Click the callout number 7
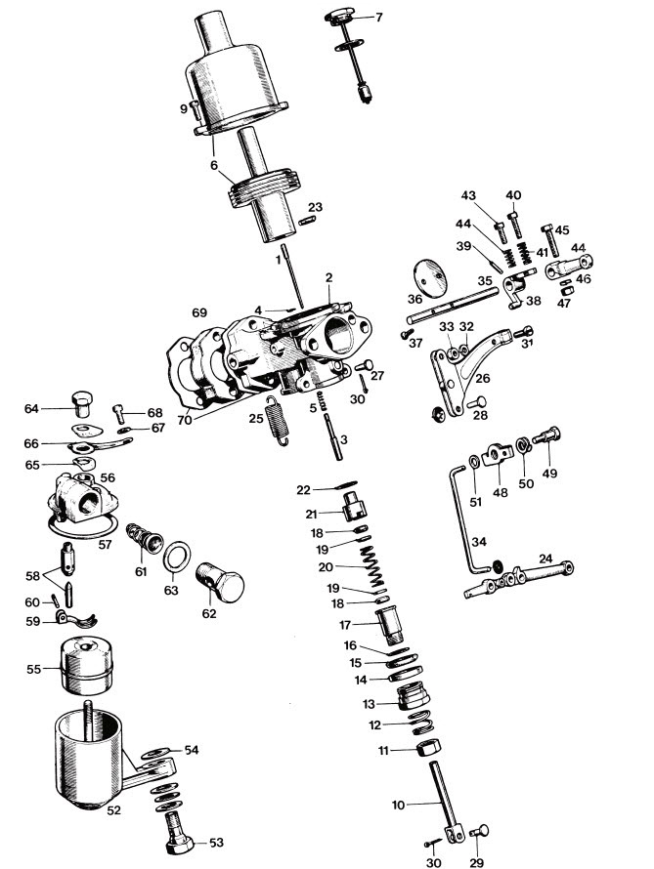point(379,18)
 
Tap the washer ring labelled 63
point(177,556)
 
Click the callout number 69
point(199,312)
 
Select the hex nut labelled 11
point(428,746)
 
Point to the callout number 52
point(113,810)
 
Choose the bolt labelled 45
point(549,240)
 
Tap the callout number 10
point(398,805)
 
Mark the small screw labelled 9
point(195,109)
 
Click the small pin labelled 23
point(307,221)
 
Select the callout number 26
point(483,379)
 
